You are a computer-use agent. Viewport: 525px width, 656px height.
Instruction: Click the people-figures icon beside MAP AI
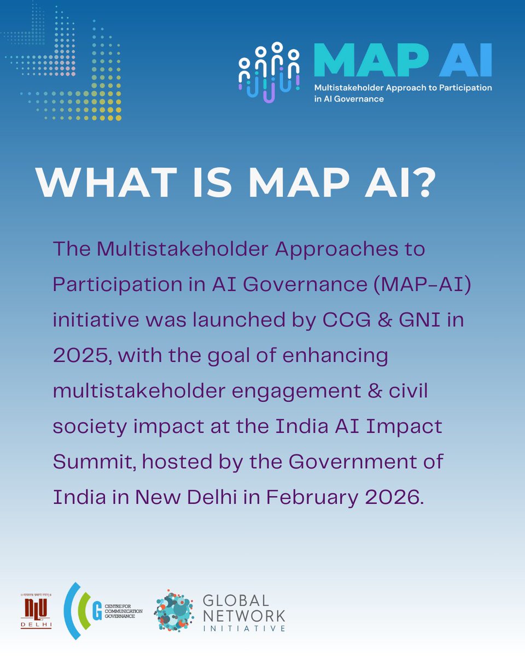(269, 71)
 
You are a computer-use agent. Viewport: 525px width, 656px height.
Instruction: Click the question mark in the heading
(423, 183)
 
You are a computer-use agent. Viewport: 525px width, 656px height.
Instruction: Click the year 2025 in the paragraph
(81, 356)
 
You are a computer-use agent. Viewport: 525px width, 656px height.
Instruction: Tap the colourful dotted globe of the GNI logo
(174, 611)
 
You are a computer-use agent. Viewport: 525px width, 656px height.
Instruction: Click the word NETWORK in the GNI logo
(243, 616)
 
